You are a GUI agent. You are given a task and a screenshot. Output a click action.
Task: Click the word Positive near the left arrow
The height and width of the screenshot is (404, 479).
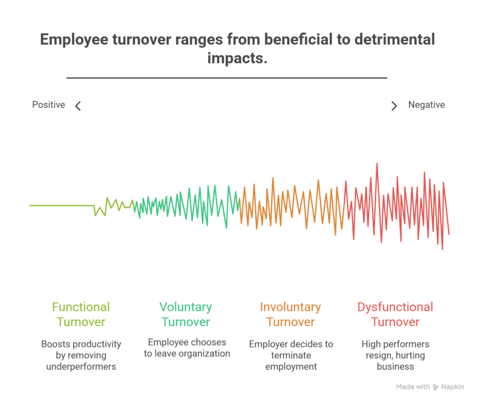point(48,105)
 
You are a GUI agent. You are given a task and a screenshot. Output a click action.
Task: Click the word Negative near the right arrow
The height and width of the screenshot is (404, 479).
point(426,105)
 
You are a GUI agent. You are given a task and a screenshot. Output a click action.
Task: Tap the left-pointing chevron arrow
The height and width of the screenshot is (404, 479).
point(78,106)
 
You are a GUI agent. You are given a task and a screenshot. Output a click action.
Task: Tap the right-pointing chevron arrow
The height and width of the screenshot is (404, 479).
point(394,106)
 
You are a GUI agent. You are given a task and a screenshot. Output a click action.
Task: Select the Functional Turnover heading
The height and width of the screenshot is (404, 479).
point(81,314)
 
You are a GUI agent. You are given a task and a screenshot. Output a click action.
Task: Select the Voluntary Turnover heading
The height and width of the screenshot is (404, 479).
point(186,314)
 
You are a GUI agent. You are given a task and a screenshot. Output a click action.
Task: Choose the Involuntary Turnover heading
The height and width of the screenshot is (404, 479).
point(290,314)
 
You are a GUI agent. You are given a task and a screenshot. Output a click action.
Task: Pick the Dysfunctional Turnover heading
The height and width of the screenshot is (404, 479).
point(395,314)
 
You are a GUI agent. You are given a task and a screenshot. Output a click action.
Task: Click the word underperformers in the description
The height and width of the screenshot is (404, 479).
point(81,367)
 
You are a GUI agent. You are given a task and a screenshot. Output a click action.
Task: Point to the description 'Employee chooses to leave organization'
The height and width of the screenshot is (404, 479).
point(187,348)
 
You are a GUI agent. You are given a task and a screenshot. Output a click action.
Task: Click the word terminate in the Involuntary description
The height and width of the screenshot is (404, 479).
point(291,355)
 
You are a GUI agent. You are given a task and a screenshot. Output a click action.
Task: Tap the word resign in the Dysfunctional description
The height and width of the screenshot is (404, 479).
point(370,355)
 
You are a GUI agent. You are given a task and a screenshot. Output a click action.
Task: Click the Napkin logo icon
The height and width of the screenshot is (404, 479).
point(436,387)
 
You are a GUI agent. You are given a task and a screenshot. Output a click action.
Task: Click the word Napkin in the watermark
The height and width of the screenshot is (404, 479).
point(453,387)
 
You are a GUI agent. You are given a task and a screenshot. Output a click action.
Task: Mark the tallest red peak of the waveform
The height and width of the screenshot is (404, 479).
point(377,164)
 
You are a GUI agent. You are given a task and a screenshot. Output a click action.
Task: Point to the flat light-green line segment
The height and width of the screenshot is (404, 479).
point(61,205)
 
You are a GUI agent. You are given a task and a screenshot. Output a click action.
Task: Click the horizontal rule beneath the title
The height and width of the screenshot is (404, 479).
point(227,78)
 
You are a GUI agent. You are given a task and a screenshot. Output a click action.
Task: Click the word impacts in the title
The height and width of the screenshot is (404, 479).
point(237,59)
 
